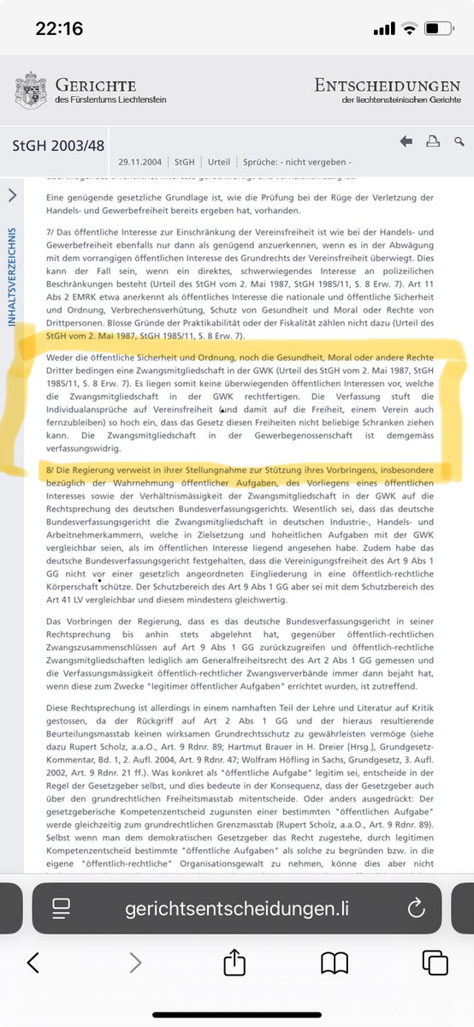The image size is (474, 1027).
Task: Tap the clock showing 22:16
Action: (x=59, y=28)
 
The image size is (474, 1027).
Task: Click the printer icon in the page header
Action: (x=433, y=141)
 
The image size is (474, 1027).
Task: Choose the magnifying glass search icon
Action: (x=459, y=141)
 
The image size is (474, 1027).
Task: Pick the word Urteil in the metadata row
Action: (x=219, y=161)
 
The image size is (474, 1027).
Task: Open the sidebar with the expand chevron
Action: (x=12, y=195)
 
